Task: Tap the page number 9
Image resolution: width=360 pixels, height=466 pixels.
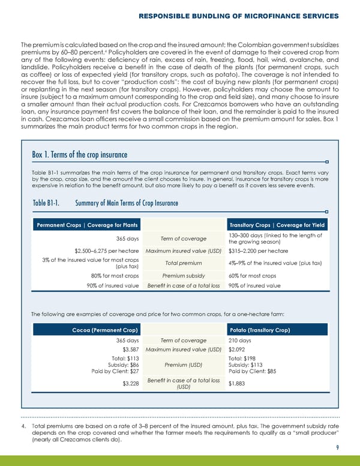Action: (338, 447)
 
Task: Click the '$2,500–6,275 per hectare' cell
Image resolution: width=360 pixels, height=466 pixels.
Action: (107, 250)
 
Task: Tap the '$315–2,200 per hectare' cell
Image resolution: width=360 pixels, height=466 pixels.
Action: (259, 250)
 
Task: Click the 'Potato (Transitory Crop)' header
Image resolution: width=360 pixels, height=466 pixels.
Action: (260, 330)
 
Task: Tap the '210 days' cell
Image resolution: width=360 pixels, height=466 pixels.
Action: (241, 340)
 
